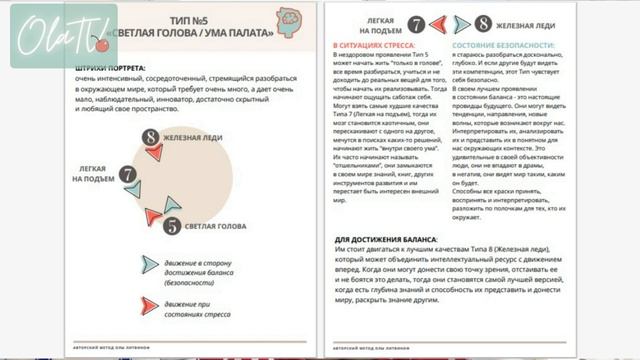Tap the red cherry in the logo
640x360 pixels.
[x=100, y=43]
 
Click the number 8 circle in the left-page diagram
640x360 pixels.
[x=150, y=137]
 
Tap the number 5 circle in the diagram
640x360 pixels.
[x=172, y=225]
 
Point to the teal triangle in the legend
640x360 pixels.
[x=150, y=264]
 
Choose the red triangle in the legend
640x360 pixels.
[x=150, y=306]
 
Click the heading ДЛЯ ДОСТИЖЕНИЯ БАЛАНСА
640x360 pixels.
[x=386, y=240]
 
